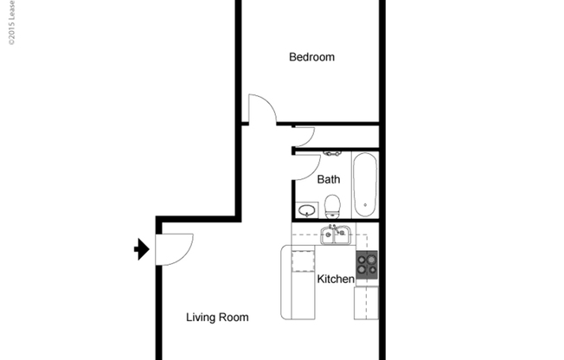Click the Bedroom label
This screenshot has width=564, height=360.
click(311, 58)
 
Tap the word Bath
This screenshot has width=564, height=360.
click(329, 180)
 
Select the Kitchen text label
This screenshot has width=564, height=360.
click(336, 279)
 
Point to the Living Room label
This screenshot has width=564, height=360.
click(217, 318)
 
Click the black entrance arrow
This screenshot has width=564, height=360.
click(141, 250)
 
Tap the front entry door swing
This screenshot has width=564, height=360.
click(173, 247)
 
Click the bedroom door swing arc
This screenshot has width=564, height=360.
click(261, 108)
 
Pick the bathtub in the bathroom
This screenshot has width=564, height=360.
click(364, 184)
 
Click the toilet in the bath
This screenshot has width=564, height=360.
click(332, 207)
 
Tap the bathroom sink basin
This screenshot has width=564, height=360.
click(305, 209)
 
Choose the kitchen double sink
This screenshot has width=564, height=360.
click(335, 235)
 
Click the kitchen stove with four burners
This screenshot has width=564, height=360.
click(367, 263)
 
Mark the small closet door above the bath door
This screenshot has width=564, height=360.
click(303, 135)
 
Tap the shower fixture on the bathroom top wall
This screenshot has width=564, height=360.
click(332, 153)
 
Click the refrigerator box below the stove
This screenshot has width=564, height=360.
click(366, 302)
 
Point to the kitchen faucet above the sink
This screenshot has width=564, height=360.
click(332, 228)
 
